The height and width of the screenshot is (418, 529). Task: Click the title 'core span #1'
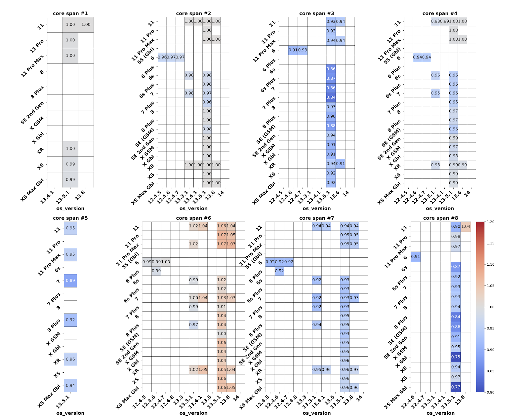click(70, 14)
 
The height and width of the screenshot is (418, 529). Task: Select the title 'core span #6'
click(193, 218)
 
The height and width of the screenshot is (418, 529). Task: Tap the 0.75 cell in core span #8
click(456, 357)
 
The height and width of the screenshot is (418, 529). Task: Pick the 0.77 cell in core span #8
click(456, 387)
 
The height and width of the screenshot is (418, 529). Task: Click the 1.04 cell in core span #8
click(466, 227)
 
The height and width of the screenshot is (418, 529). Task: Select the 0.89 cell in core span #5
click(70, 281)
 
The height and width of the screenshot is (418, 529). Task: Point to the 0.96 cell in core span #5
click(70, 359)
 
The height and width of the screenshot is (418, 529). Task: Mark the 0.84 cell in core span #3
click(331, 97)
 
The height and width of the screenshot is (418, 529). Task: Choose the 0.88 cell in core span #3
click(331, 126)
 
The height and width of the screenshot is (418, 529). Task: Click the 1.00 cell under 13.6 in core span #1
click(86, 24)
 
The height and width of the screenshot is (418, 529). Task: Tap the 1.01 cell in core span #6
click(222, 307)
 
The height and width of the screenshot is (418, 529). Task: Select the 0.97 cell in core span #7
click(354, 370)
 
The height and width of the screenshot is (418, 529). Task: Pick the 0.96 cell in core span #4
click(435, 75)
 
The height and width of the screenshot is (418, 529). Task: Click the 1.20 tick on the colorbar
click(490, 222)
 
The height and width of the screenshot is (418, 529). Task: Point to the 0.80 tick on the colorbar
click(490, 392)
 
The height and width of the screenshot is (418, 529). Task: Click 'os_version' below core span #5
click(70, 413)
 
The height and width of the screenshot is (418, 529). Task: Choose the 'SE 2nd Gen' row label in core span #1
click(32, 113)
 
